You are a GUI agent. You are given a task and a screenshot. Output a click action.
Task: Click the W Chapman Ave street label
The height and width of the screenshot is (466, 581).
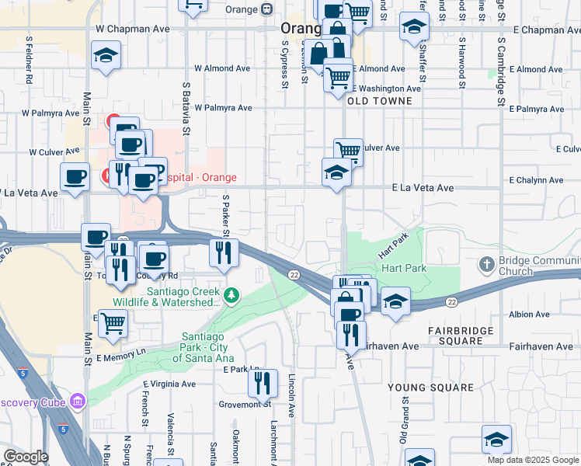pos(132,29)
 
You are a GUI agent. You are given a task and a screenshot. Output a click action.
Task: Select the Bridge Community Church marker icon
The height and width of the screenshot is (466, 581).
pos(487,263)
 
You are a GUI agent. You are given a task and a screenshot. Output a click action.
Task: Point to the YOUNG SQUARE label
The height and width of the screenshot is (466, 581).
pos(430,387)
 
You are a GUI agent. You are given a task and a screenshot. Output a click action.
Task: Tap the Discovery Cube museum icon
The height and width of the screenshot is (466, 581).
pos(77,402)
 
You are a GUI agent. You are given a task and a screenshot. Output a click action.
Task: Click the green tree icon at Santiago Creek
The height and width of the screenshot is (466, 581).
pos(231,294)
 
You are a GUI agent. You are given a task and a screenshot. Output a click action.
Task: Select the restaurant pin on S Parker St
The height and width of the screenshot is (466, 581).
pos(222,252)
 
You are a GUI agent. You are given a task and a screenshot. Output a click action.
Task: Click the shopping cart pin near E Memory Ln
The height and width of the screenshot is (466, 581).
pos(113,322)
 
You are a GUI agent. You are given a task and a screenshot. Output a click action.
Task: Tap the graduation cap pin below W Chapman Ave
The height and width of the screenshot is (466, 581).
pos(105,55)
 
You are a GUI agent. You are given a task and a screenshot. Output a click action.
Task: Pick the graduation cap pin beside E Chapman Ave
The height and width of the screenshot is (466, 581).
pos(415,27)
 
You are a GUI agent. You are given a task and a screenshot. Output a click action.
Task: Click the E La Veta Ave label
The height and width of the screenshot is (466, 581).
pos(423,188)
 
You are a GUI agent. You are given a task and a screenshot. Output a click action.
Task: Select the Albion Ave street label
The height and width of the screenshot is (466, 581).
pos(531,315)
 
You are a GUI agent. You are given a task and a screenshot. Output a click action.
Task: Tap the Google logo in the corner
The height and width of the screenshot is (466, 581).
pos(26,457)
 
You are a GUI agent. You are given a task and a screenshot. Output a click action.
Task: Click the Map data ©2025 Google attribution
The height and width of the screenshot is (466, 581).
pos(532,460)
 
